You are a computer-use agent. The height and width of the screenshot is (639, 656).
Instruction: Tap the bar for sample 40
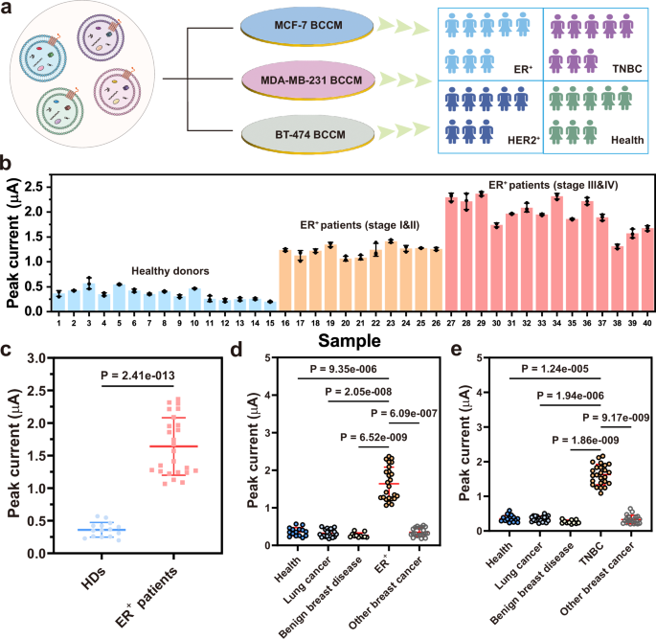pyautogui.click(x=647, y=270)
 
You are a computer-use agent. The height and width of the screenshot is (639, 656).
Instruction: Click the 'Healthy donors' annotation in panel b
pyautogui.click(x=168, y=271)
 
